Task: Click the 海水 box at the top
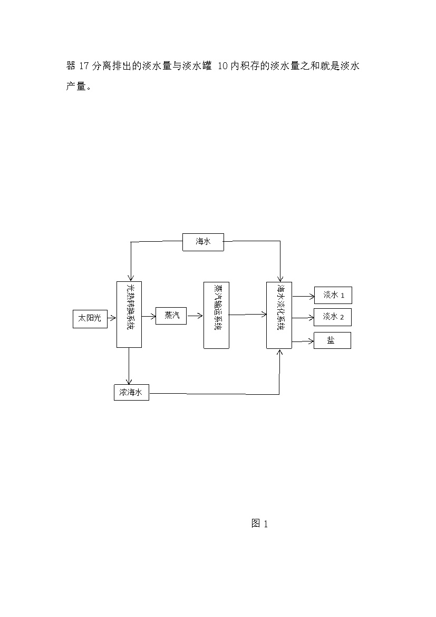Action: (x=203, y=242)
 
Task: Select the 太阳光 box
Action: (x=90, y=318)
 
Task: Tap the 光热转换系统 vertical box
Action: (x=129, y=315)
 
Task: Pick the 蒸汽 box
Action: (x=171, y=316)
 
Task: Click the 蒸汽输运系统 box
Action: (x=216, y=315)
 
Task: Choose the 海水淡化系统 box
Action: (x=279, y=315)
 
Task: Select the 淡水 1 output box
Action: (x=333, y=295)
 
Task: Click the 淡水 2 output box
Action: (x=333, y=317)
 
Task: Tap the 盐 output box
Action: (x=332, y=340)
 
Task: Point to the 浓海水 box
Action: (x=131, y=393)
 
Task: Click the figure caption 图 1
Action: (x=260, y=524)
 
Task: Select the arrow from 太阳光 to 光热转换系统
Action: (x=112, y=319)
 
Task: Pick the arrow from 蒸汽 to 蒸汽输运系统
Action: (x=195, y=316)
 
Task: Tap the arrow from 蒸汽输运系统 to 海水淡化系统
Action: (x=248, y=315)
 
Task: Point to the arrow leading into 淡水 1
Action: (x=303, y=296)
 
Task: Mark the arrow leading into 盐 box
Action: (x=303, y=341)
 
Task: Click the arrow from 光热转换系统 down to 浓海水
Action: (x=129, y=366)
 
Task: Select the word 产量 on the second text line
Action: (x=75, y=86)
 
